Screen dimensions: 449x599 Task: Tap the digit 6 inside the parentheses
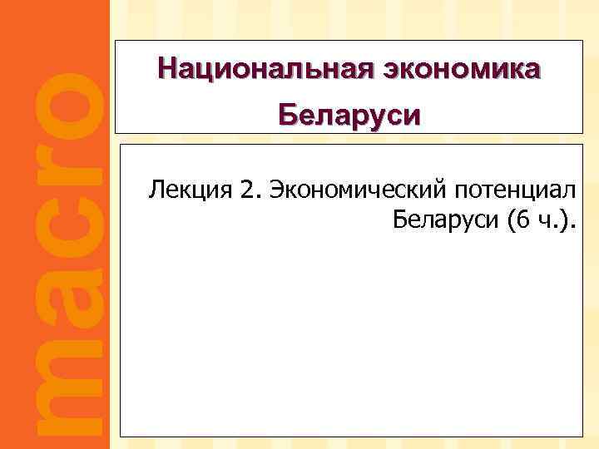pos(522,220)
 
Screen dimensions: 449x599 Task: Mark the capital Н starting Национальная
pos(165,67)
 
